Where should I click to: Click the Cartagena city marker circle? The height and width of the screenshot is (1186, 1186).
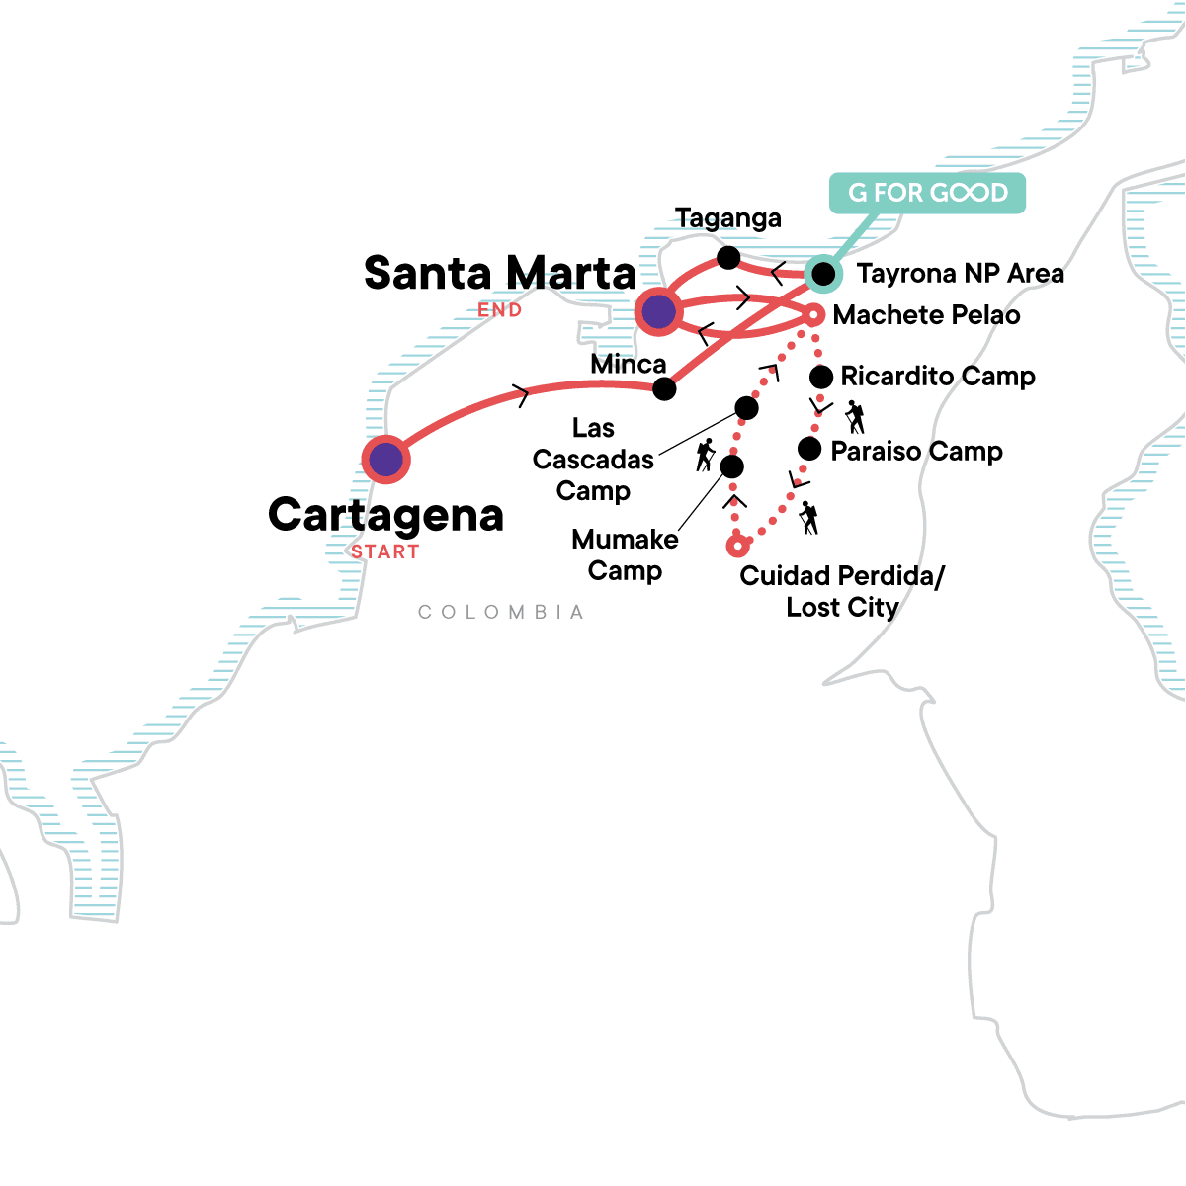click(x=385, y=459)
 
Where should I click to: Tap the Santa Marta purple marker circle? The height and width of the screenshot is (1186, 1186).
click(x=658, y=312)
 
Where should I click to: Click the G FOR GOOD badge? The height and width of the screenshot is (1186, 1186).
click(x=927, y=193)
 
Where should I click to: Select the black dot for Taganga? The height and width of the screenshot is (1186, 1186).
click(x=728, y=258)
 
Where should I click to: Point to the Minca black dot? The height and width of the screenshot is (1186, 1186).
click(x=664, y=388)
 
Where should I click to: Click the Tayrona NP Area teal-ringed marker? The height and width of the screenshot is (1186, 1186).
click(x=822, y=273)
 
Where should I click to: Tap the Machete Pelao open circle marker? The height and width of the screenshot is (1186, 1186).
click(x=813, y=315)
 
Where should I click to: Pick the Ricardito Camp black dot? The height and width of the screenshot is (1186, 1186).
click(x=820, y=377)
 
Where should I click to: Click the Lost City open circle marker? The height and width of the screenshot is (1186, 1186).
click(x=736, y=546)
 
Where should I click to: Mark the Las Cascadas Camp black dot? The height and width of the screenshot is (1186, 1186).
click(x=747, y=407)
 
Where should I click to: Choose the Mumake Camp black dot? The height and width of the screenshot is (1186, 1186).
click(x=731, y=466)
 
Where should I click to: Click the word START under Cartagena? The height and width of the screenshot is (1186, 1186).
click(x=385, y=552)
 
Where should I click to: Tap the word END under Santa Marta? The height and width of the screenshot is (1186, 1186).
click(x=500, y=310)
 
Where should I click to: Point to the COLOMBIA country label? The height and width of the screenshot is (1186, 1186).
click(x=501, y=613)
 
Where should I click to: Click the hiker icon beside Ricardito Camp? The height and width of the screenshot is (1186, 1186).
click(x=856, y=416)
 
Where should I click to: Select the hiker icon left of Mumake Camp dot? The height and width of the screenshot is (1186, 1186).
click(x=705, y=455)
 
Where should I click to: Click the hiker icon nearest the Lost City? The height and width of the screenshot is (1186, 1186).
click(x=809, y=518)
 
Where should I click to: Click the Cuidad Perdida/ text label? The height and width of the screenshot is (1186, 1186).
click(x=842, y=576)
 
